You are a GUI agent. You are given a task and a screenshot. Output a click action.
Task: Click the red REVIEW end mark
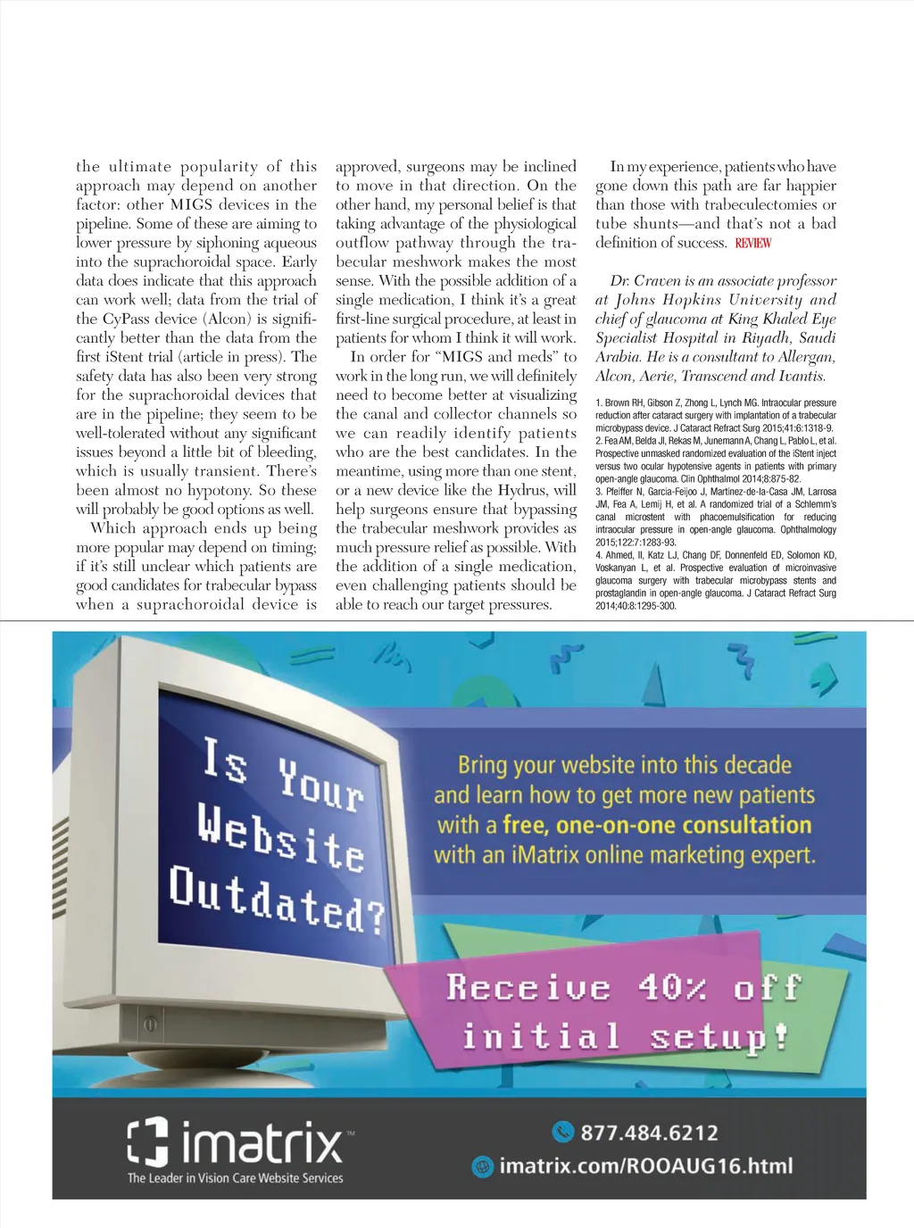[753, 243]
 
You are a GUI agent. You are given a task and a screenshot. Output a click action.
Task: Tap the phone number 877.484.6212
[649, 1133]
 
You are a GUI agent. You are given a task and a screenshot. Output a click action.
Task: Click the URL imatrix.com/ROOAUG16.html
[645, 1166]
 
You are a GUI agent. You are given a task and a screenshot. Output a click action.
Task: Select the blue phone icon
[563, 1132]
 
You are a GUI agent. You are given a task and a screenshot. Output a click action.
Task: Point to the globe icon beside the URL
[482, 1166]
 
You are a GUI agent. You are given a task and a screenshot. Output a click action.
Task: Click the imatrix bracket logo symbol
[148, 1142]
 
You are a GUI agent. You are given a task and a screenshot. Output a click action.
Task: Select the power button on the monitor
[151, 1025]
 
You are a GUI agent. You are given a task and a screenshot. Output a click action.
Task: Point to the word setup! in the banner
[719, 1038]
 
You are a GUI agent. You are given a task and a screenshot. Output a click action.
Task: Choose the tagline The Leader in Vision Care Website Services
[235, 1178]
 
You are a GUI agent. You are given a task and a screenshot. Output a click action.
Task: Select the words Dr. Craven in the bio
[645, 281]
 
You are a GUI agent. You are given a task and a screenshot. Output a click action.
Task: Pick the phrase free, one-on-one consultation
[657, 825]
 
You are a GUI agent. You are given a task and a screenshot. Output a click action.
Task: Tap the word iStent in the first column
[125, 357]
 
